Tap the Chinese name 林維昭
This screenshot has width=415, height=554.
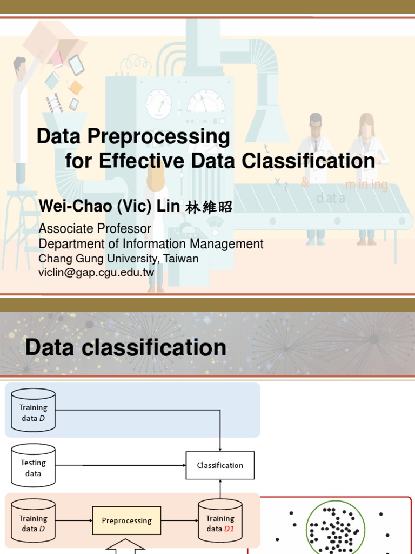(209, 207)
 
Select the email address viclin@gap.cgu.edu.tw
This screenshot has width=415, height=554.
(96, 272)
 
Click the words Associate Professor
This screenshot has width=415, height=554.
(95, 229)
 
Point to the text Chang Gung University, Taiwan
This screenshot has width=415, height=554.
(118, 259)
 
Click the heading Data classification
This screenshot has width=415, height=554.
(126, 347)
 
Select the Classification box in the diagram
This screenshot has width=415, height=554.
(220, 465)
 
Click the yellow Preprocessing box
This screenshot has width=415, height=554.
(126, 520)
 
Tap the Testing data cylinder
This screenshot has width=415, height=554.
(33, 465)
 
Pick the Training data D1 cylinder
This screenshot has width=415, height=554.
(220, 523)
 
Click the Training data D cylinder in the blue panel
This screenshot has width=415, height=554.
(33, 410)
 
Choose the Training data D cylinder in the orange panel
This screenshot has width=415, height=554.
(33, 523)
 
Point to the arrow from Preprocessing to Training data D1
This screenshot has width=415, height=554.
(179, 520)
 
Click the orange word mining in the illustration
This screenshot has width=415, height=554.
(366, 185)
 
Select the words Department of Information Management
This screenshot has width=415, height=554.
(151, 244)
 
